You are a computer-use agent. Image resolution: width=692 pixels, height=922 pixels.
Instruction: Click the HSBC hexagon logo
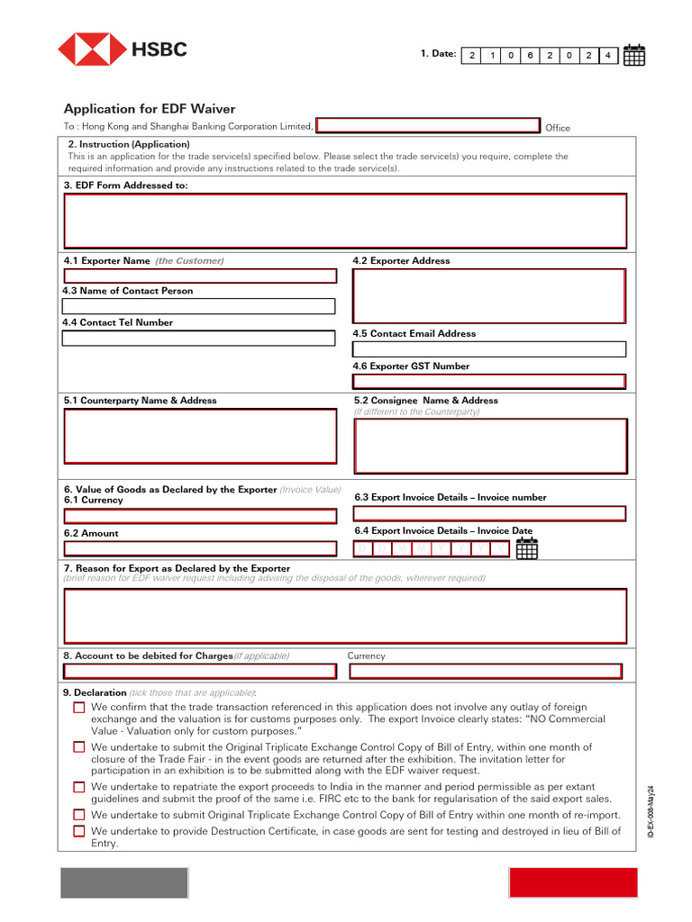92,50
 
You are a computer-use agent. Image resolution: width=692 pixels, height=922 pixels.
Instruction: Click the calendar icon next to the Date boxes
634,55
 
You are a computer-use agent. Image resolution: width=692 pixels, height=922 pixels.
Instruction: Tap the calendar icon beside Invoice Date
526,548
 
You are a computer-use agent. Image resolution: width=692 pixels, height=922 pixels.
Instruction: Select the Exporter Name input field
199,276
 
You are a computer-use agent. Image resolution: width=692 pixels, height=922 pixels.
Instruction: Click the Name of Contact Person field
199,306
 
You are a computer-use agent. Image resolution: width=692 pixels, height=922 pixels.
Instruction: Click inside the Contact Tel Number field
199,339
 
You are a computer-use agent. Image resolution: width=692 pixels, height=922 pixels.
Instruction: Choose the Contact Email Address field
488,349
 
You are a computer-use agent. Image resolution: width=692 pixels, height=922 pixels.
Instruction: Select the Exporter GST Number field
488,381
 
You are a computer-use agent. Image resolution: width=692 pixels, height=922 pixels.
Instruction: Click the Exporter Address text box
488,295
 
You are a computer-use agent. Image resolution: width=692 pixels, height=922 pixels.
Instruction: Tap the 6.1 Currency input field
200,516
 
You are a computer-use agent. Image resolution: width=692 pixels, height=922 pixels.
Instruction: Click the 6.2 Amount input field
200,547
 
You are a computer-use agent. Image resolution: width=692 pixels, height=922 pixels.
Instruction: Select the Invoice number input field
489,513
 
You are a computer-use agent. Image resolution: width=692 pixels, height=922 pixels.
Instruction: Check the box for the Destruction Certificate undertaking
79,831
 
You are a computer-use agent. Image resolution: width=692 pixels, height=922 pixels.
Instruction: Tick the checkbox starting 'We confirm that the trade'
79,708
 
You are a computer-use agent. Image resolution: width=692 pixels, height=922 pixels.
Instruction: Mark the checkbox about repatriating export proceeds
79,787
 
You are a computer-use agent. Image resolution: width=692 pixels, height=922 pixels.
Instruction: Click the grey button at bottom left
124,882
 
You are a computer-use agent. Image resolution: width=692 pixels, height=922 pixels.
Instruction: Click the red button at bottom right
573,882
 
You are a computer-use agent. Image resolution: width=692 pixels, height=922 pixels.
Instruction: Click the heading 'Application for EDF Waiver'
150,109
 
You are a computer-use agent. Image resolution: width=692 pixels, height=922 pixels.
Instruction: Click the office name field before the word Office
428,126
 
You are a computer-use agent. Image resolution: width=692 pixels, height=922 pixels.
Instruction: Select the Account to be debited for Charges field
200,671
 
